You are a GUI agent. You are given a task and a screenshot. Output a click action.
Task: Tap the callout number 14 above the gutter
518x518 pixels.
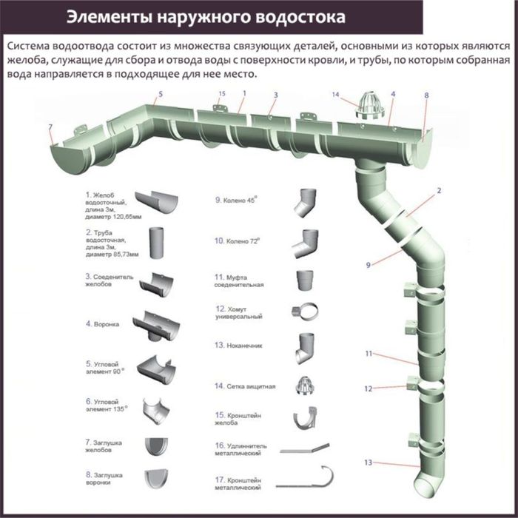pyautogui.click(x=335, y=95)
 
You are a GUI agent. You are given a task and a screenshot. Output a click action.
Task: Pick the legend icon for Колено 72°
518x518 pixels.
pyautogui.click(x=306, y=242)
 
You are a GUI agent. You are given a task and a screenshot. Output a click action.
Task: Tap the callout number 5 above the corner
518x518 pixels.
pyautogui.click(x=160, y=95)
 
